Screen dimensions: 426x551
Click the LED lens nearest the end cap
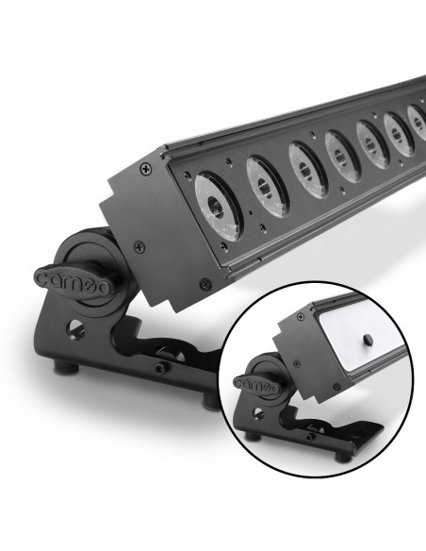click(218, 207)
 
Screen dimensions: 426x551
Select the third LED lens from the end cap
click(306, 170)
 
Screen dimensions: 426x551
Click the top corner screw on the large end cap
click(146, 169)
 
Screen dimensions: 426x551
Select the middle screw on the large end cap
click(139, 246)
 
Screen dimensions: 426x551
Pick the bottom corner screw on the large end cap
click(205, 284)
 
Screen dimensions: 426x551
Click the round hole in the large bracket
click(74, 329)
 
